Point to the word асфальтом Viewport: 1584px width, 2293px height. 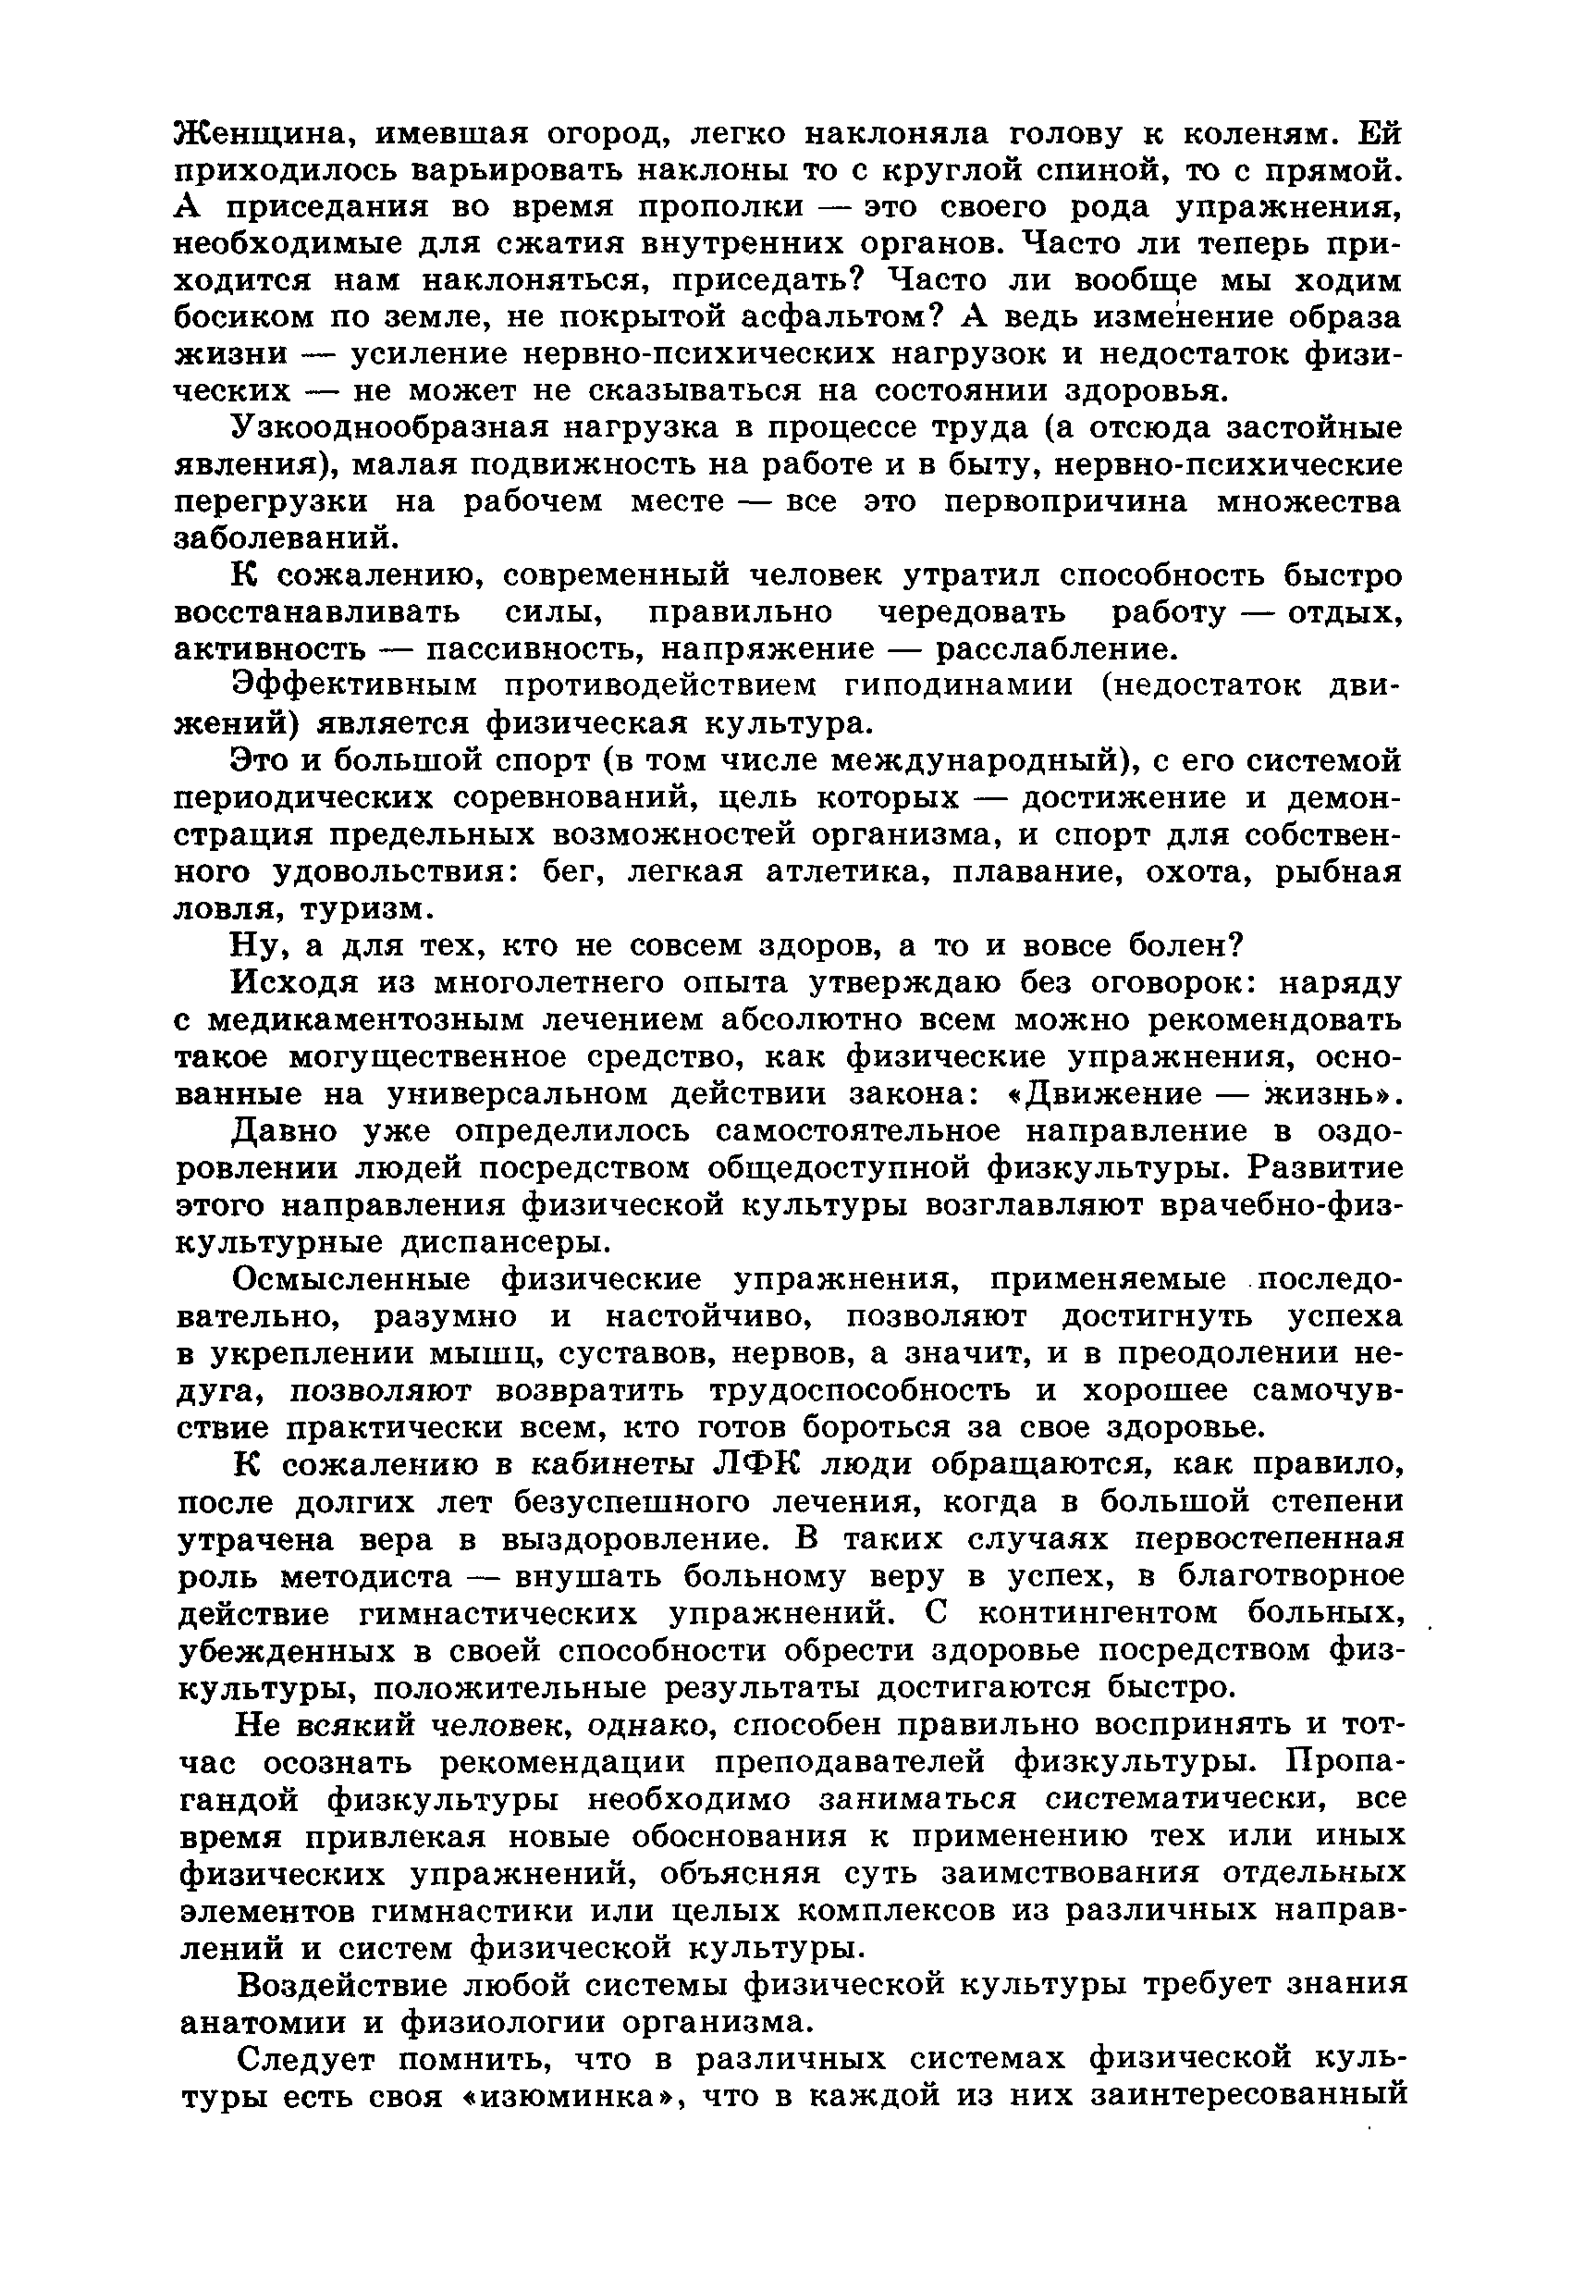(x=830, y=317)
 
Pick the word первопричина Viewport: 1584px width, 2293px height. (x=1065, y=501)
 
